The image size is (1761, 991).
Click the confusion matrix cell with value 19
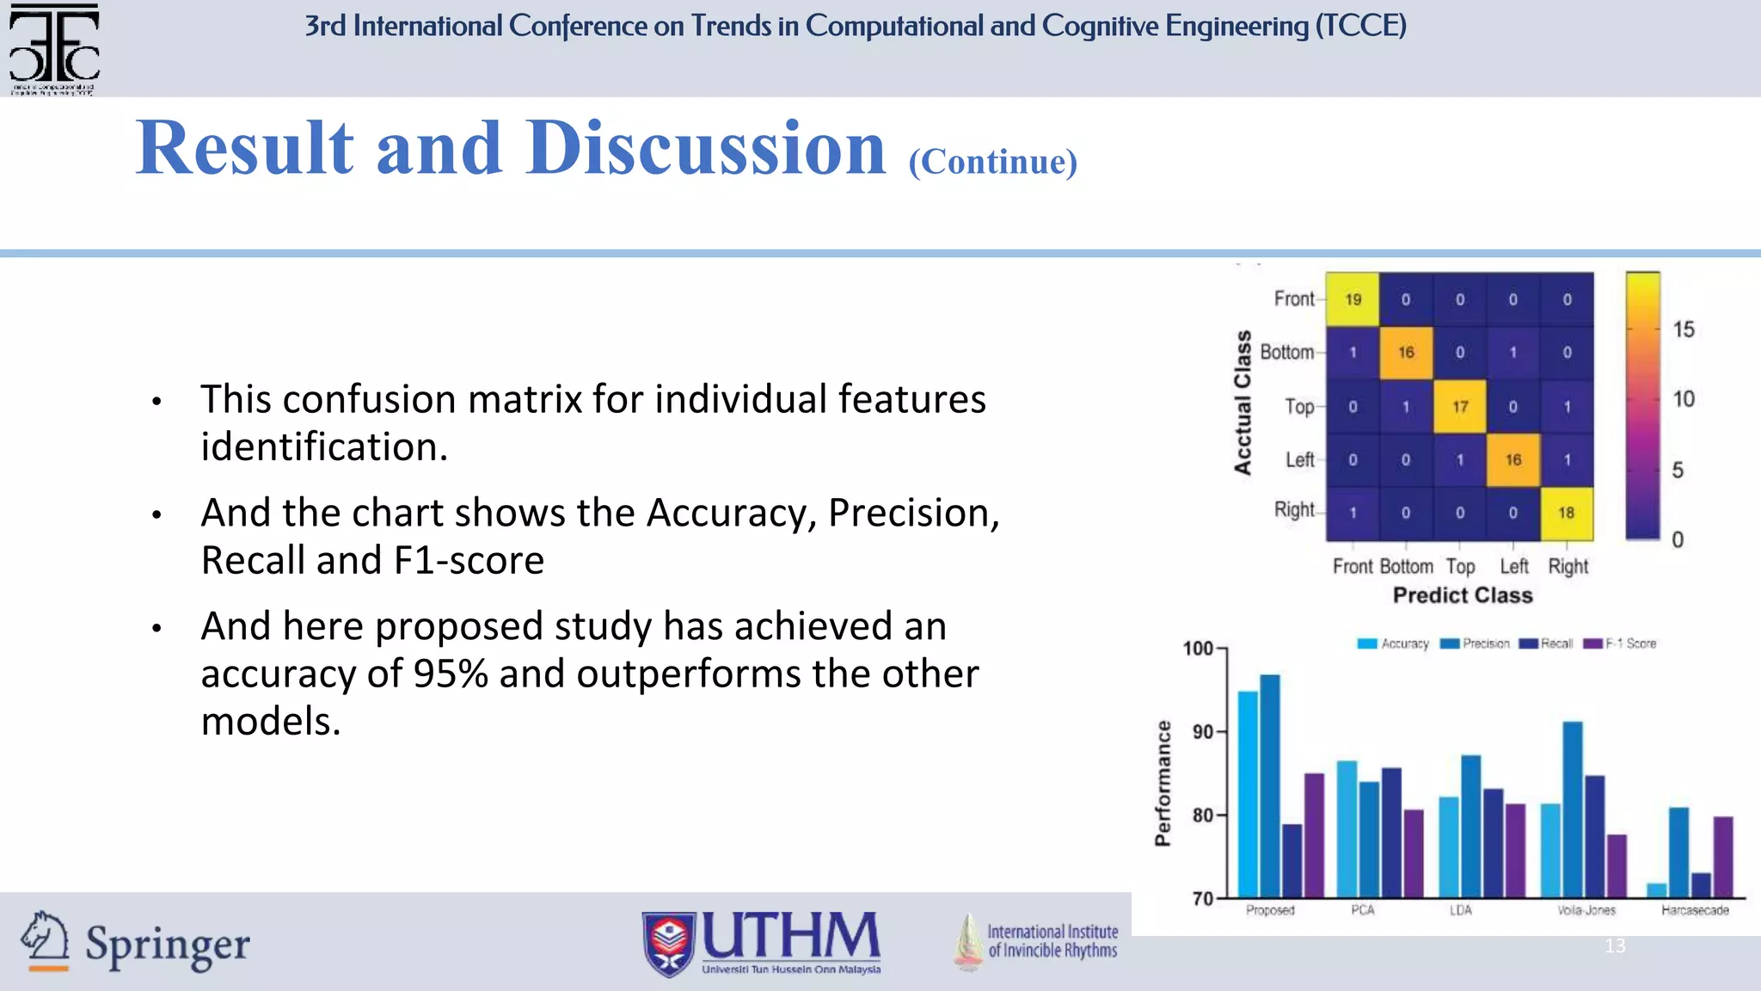1353,299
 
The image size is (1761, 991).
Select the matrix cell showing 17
1460,406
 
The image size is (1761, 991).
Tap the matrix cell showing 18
1566,513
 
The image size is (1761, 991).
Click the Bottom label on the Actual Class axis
1286,352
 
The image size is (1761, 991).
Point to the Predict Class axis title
1463,595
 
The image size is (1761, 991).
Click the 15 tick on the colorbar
1683,329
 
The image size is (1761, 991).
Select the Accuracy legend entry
1393,643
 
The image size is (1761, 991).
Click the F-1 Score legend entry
1620,643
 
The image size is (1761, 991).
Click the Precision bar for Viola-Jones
1573,809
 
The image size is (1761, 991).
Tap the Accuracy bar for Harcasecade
1656,890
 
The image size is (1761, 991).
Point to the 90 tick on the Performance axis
1202,732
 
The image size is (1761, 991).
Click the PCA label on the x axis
1363,910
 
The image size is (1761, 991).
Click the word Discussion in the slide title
705,148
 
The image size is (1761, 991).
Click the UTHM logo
762,943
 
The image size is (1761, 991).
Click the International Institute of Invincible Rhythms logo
1036,941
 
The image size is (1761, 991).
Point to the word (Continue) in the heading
992,162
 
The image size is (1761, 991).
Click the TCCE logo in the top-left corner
53,48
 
